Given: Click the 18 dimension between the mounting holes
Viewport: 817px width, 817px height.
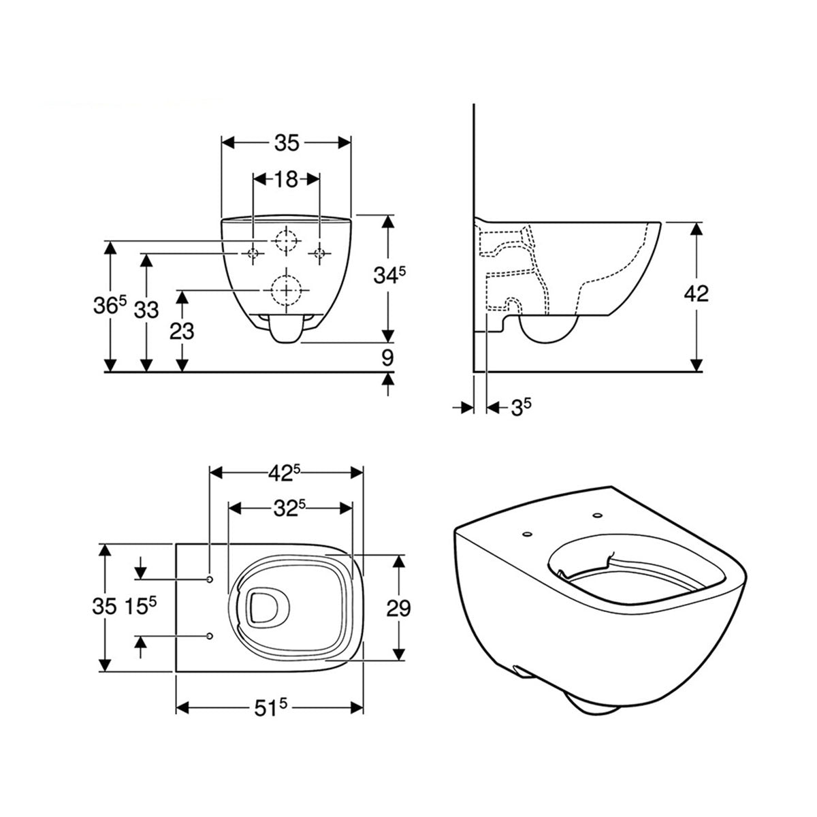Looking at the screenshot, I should point(287,179).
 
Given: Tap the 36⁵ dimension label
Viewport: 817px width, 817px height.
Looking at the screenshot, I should point(110,308).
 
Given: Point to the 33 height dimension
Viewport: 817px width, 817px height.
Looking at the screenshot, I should point(145,310).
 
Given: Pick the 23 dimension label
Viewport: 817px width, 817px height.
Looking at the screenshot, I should point(181,331).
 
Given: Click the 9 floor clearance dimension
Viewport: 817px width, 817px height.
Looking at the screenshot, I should point(388,356).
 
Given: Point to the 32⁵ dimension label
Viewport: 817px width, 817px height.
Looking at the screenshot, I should point(290,507).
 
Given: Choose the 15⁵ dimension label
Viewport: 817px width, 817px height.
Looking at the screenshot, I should point(142,607).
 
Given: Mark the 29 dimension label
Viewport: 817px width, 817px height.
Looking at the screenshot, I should point(398,607).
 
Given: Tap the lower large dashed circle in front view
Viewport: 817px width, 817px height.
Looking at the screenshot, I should point(286,290).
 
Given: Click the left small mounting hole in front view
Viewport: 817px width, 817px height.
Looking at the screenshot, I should point(253,254).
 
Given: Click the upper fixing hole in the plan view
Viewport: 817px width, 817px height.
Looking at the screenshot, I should point(209,579).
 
